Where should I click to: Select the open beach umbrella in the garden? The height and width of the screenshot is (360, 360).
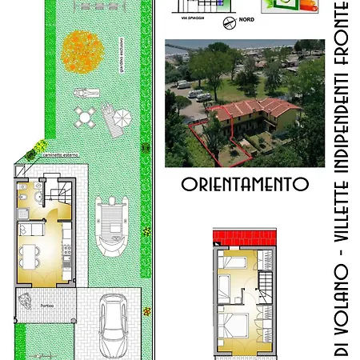[x=122, y=118]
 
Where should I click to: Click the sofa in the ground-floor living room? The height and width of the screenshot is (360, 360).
[x=34, y=229]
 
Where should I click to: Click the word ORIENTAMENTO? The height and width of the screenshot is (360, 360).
[x=245, y=183]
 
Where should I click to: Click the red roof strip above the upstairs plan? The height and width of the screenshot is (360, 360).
[x=244, y=238]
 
